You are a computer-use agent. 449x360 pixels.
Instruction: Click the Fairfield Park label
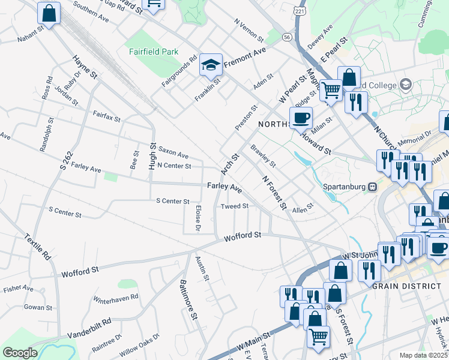[153, 52]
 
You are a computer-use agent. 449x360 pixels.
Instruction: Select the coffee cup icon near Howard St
[301, 118]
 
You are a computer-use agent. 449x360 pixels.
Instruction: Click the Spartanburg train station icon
[372, 186]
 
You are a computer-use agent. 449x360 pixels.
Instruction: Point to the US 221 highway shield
[299, 12]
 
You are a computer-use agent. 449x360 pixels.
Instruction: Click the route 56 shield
[288, 37]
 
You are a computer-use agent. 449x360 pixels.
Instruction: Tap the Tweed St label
[235, 206]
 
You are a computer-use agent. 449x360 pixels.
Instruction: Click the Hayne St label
[85, 67]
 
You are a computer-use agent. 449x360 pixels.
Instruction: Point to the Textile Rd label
[38, 246]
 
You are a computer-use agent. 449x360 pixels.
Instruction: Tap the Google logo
[20, 353]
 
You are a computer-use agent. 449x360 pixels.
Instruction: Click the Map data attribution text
[424, 355]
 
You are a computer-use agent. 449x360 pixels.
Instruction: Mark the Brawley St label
[263, 155]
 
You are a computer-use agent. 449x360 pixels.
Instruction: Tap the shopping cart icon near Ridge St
[331, 91]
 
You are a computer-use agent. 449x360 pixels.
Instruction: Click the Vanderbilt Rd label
[89, 328]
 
